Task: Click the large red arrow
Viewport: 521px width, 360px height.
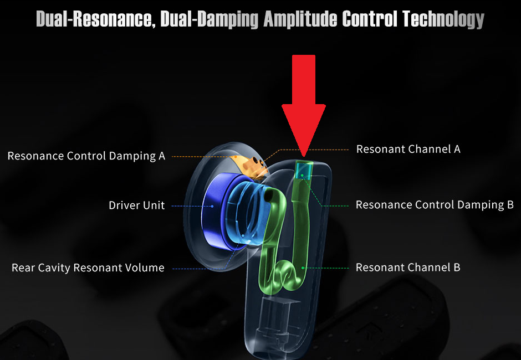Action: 303,100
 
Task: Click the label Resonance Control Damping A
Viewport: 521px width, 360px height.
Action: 86,156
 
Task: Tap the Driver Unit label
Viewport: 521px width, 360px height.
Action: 137,205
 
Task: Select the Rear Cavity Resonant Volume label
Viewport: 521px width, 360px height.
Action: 88,268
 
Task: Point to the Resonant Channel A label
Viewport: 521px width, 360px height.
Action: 408,149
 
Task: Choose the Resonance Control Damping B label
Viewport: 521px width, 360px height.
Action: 435,205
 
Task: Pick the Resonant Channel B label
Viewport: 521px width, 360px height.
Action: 408,268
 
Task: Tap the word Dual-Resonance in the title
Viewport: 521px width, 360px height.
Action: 94,19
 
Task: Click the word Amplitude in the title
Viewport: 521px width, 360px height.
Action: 300,19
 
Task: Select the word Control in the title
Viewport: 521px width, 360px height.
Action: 370,19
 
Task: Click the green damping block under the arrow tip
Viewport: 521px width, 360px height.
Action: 303,169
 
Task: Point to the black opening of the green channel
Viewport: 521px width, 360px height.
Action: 269,195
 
